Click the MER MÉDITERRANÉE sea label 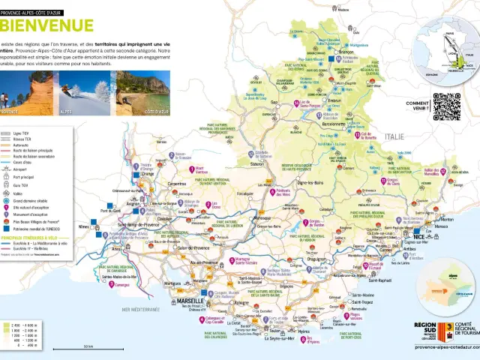coord(136,309)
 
